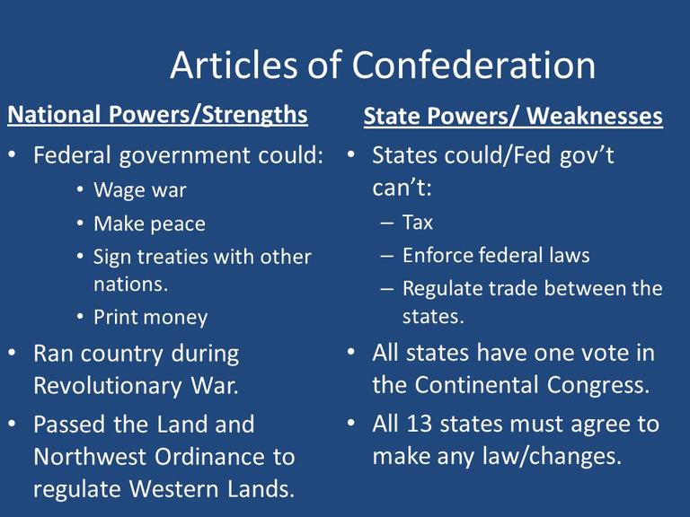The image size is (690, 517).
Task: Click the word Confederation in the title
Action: point(473,65)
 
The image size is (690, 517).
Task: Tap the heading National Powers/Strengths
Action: point(157,115)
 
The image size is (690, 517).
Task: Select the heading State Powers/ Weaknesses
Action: point(513,117)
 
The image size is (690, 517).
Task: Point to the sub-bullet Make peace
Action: point(149,223)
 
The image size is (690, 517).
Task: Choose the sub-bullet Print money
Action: point(150,317)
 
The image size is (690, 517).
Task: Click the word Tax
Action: point(418,222)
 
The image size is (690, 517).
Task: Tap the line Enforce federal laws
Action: point(496,255)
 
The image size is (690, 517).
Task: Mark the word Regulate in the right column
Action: point(444,288)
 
